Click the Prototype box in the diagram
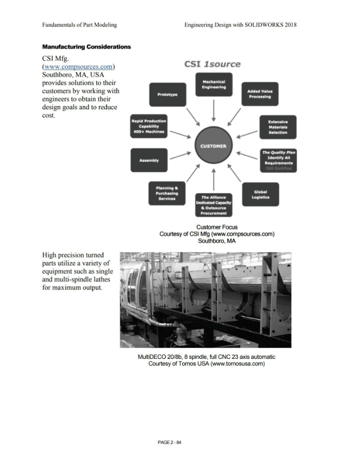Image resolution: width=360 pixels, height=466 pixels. (x=167, y=95)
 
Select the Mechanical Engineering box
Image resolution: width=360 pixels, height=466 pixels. (x=213, y=84)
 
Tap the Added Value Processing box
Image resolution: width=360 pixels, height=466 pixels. (x=260, y=94)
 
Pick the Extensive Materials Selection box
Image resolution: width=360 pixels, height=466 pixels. (x=278, y=127)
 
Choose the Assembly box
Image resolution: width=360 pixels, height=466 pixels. (x=149, y=161)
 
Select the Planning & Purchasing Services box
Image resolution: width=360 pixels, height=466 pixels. (x=167, y=194)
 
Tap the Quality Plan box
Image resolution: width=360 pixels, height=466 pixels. (x=278, y=161)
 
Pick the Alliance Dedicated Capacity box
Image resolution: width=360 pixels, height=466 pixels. (x=213, y=205)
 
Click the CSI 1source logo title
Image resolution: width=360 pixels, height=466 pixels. (x=212, y=64)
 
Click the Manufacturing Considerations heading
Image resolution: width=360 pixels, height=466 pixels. (x=87, y=47)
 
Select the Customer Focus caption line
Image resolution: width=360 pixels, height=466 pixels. (x=217, y=227)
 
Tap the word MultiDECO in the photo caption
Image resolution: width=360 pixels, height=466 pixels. (x=151, y=357)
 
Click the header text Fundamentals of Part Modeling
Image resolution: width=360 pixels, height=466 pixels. (x=79, y=24)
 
